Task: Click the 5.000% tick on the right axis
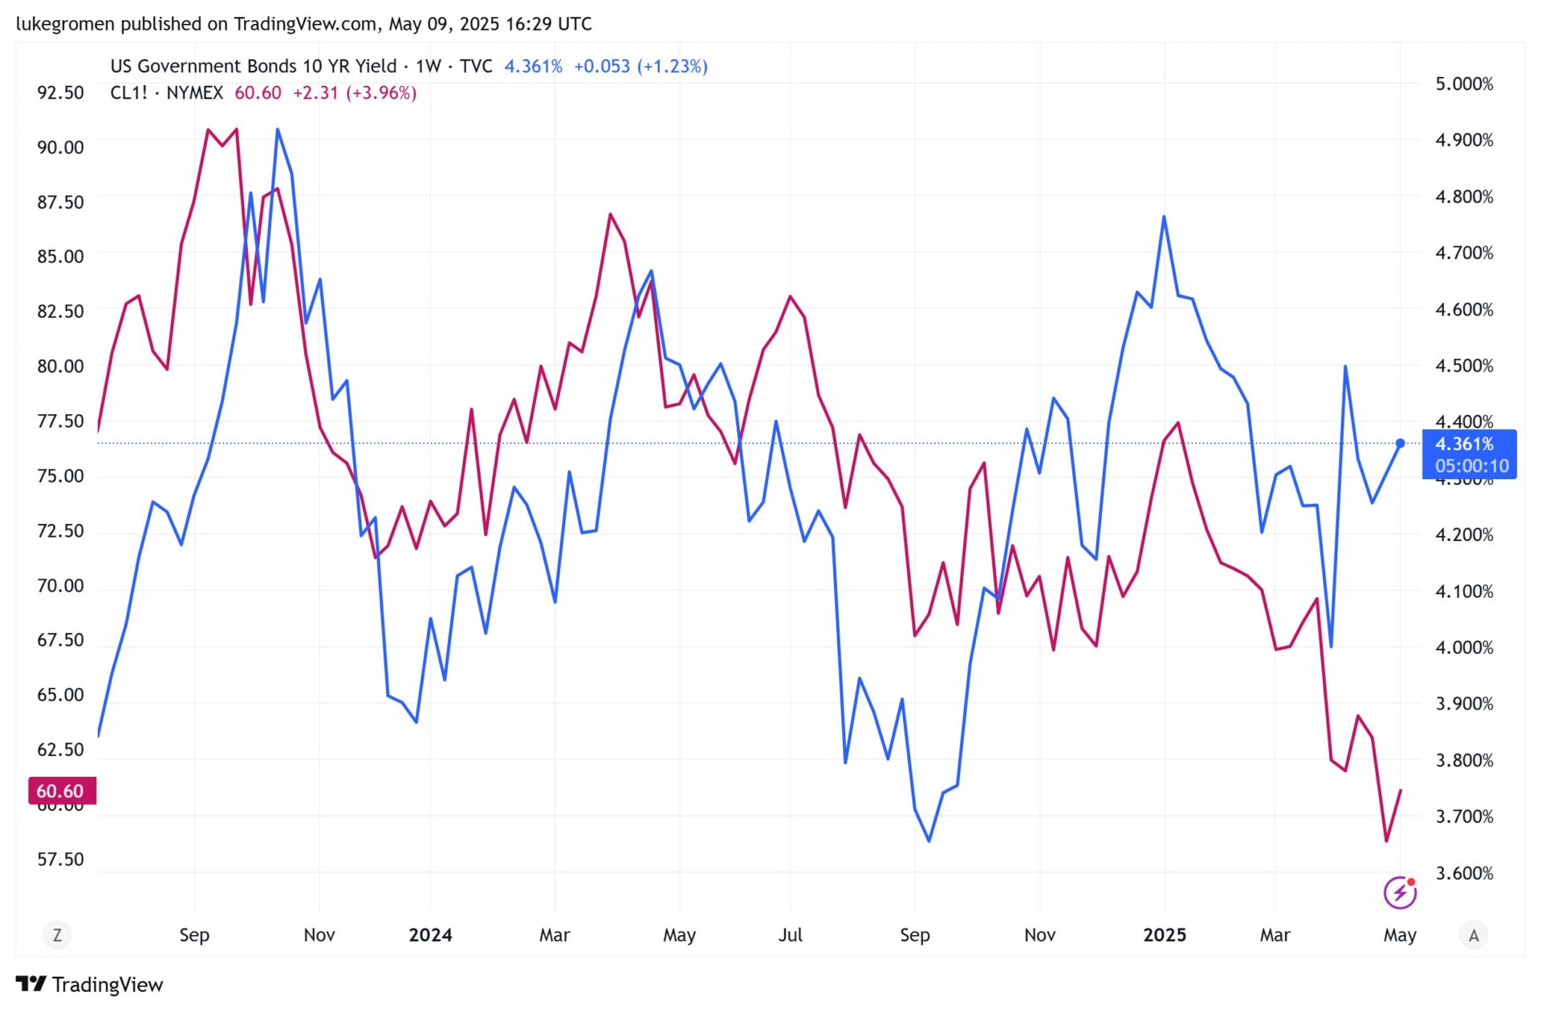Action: pyautogui.click(x=1463, y=84)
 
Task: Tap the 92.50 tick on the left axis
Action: pyautogui.click(x=60, y=93)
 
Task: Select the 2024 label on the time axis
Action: pyautogui.click(x=430, y=935)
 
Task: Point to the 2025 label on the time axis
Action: pyautogui.click(x=1164, y=935)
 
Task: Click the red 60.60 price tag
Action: pyautogui.click(x=62, y=791)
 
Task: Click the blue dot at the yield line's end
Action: pyautogui.click(x=1400, y=444)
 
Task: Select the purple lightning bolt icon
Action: pyautogui.click(x=1399, y=892)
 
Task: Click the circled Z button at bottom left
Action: pyautogui.click(x=57, y=935)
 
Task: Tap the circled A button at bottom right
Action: pyautogui.click(x=1474, y=935)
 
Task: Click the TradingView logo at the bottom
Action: pyautogui.click(x=89, y=985)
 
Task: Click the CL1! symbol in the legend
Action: pyautogui.click(x=128, y=93)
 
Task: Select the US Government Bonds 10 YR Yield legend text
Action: pyautogui.click(x=254, y=67)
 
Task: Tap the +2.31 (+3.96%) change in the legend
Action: pyautogui.click(x=354, y=93)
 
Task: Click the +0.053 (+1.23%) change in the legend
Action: pyautogui.click(x=640, y=67)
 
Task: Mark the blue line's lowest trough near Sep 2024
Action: pyautogui.click(x=929, y=841)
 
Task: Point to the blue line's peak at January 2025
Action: pyautogui.click(x=1164, y=217)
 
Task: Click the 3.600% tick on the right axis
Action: pyautogui.click(x=1463, y=873)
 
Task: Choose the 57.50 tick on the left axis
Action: pyautogui.click(x=60, y=860)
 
